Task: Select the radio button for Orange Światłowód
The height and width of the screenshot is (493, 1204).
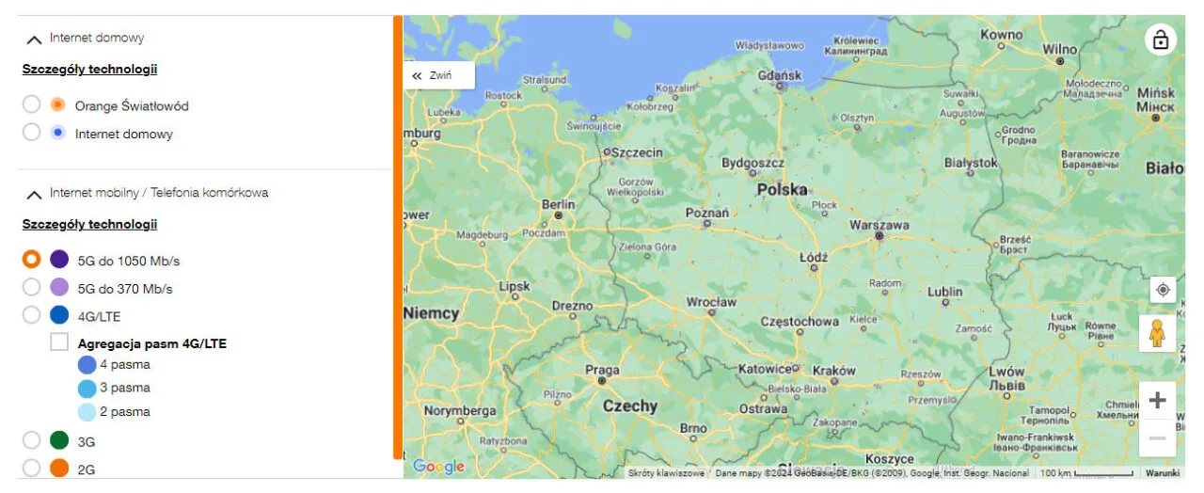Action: (31, 104)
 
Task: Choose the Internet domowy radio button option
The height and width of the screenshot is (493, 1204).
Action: (31, 133)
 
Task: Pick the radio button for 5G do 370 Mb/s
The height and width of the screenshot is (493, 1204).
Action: (31, 287)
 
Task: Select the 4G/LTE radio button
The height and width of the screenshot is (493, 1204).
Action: (31, 315)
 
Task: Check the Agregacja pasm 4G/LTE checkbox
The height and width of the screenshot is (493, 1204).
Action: (59, 342)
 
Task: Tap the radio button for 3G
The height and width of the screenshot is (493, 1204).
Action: (31, 440)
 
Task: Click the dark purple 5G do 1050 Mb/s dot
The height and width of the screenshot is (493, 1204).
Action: (59, 260)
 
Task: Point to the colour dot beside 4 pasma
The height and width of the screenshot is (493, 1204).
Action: (87, 364)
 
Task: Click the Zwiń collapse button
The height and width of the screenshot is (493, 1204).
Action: (438, 75)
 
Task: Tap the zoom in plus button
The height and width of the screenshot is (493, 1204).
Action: (1157, 401)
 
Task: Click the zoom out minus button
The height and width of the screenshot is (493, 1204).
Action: (1157, 438)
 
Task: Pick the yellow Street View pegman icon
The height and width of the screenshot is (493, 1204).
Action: (1157, 334)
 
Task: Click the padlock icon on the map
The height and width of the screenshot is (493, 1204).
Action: (1161, 40)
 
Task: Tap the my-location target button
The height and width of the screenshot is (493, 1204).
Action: (1163, 290)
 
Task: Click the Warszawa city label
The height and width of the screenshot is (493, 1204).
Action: (879, 226)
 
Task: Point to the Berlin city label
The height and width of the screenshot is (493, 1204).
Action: (558, 204)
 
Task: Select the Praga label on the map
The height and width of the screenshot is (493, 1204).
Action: (602, 370)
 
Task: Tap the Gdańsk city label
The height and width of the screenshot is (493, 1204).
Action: (779, 74)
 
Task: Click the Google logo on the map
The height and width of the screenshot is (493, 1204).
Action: (438, 467)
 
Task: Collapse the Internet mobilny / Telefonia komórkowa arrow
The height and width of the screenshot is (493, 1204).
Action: (34, 194)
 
